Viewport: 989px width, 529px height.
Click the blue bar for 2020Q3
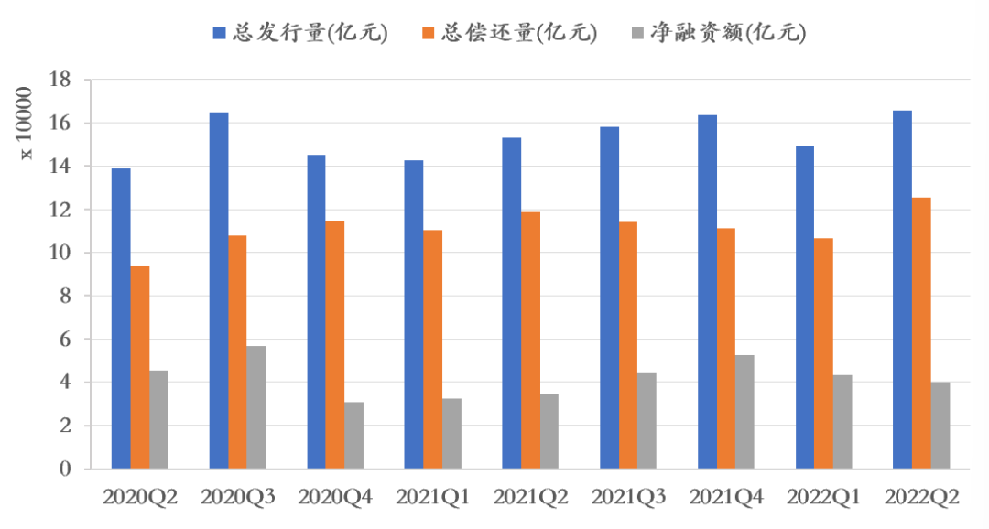[x=219, y=290]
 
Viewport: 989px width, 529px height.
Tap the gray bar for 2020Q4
[x=353, y=435]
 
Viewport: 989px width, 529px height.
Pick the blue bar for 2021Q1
[x=414, y=314]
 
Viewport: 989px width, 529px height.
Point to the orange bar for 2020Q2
[x=139, y=367]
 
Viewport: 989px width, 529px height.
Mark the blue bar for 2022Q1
[x=805, y=307]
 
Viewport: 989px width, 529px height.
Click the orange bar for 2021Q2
[x=530, y=340]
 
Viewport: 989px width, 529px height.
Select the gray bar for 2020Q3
[x=255, y=407]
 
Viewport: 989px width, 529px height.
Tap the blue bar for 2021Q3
[x=609, y=297]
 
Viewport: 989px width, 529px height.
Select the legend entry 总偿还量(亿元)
[x=509, y=34]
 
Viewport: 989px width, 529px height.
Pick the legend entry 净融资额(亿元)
[x=718, y=34]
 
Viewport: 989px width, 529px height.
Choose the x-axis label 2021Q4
[x=726, y=498]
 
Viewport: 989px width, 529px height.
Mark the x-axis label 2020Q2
[x=139, y=498]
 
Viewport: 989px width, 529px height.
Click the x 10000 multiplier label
[x=27, y=122]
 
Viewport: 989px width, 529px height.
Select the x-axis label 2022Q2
[x=922, y=498]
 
